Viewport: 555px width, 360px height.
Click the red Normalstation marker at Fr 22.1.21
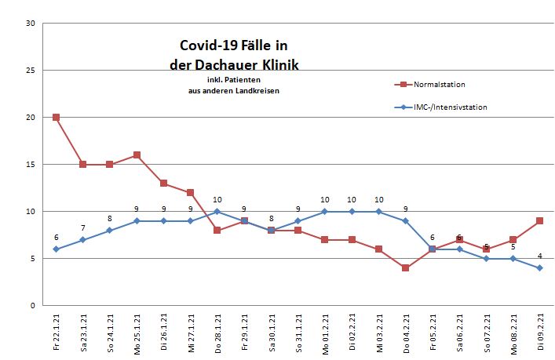click(x=56, y=118)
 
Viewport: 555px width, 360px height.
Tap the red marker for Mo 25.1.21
click(x=137, y=155)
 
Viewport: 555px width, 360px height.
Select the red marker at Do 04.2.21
click(x=406, y=268)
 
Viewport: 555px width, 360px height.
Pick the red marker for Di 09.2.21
click(x=540, y=221)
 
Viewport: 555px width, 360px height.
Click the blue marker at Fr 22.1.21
click(x=56, y=249)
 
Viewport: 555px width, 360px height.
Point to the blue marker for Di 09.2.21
click(x=540, y=268)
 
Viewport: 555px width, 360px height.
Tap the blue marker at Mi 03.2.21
click(x=379, y=212)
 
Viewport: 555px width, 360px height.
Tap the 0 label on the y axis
click(x=32, y=306)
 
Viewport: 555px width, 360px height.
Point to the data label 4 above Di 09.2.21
click(x=540, y=256)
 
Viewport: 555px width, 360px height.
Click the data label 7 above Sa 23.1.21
click(x=83, y=227)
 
